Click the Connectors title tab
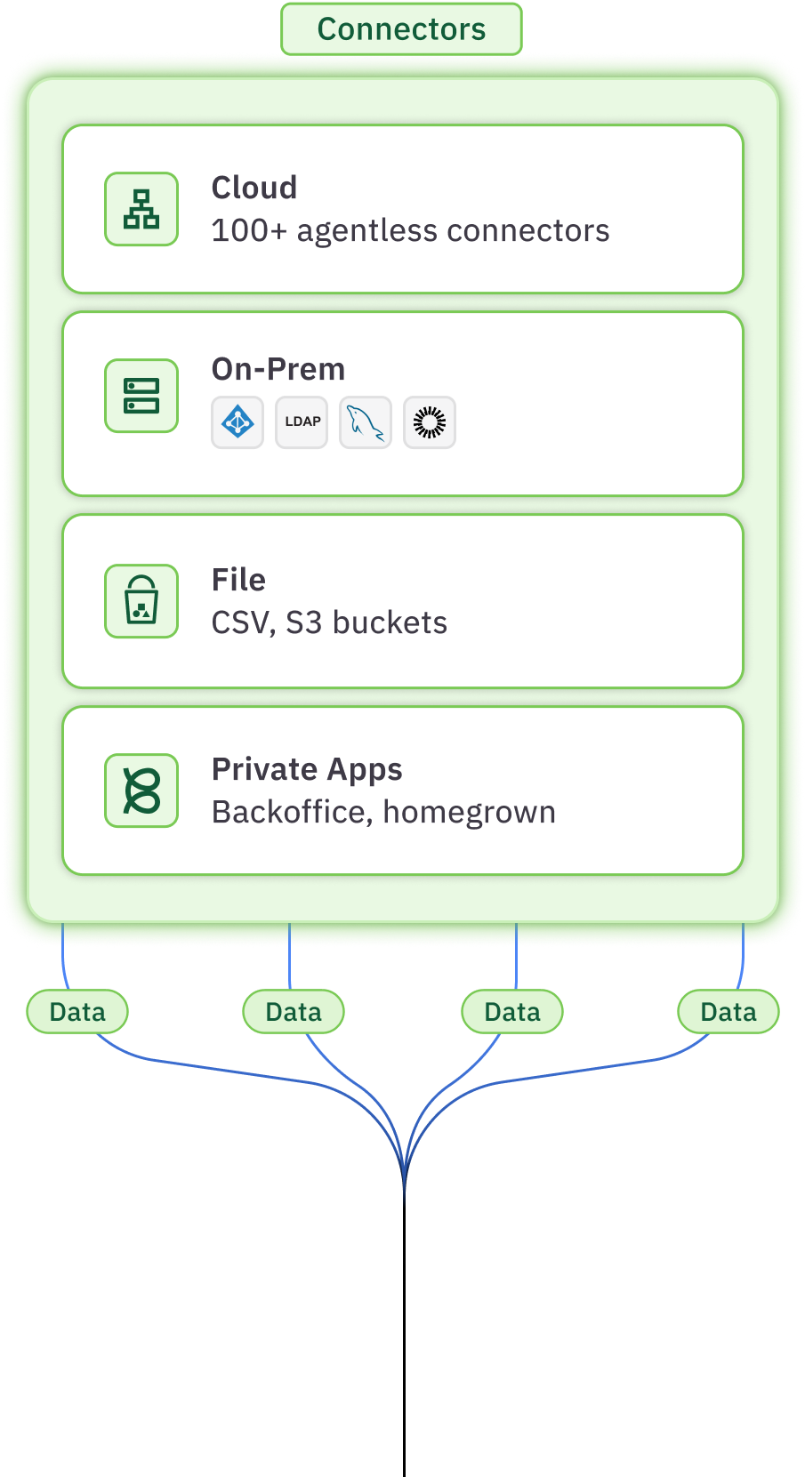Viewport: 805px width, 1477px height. pos(401,29)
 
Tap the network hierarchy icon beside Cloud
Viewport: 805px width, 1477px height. pos(141,209)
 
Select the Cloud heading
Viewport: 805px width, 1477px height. pos(254,188)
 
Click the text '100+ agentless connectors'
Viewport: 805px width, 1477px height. pos(410,231)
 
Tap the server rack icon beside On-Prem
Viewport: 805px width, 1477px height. pos(141,396)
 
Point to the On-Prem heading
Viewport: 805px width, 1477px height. pos(278,369)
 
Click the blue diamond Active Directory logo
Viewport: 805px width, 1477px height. pos(237,422)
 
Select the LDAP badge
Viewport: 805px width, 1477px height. pos(302,422)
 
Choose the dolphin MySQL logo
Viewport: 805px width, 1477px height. pos(366,422)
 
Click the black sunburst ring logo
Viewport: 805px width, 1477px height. pos(430,422)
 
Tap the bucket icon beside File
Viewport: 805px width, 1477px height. pos(141,601)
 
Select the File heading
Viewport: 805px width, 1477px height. pos(238,580)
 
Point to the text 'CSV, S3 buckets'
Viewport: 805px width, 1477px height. pos(329,623)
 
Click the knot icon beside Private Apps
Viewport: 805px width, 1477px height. pos(141,791)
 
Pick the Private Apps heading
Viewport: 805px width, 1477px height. pos(307,769)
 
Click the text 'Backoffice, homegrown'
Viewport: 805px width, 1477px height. pos(383,813)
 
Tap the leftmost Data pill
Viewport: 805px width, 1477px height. pos(77,1012)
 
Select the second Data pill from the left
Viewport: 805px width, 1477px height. pos(294,1012)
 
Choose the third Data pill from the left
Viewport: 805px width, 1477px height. pos(512,1012)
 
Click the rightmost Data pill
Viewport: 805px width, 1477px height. pos(729,1012)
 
